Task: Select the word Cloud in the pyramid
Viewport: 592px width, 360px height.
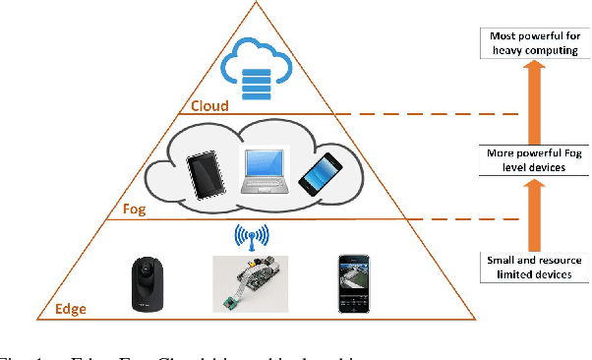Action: click(209, 105)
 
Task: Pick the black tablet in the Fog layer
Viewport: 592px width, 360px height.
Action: click(207, 175)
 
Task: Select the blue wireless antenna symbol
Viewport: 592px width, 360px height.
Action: click(250, 237)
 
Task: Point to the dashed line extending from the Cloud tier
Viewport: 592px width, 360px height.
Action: click(433, 113)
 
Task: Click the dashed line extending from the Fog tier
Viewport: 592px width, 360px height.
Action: click(472, 219)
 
